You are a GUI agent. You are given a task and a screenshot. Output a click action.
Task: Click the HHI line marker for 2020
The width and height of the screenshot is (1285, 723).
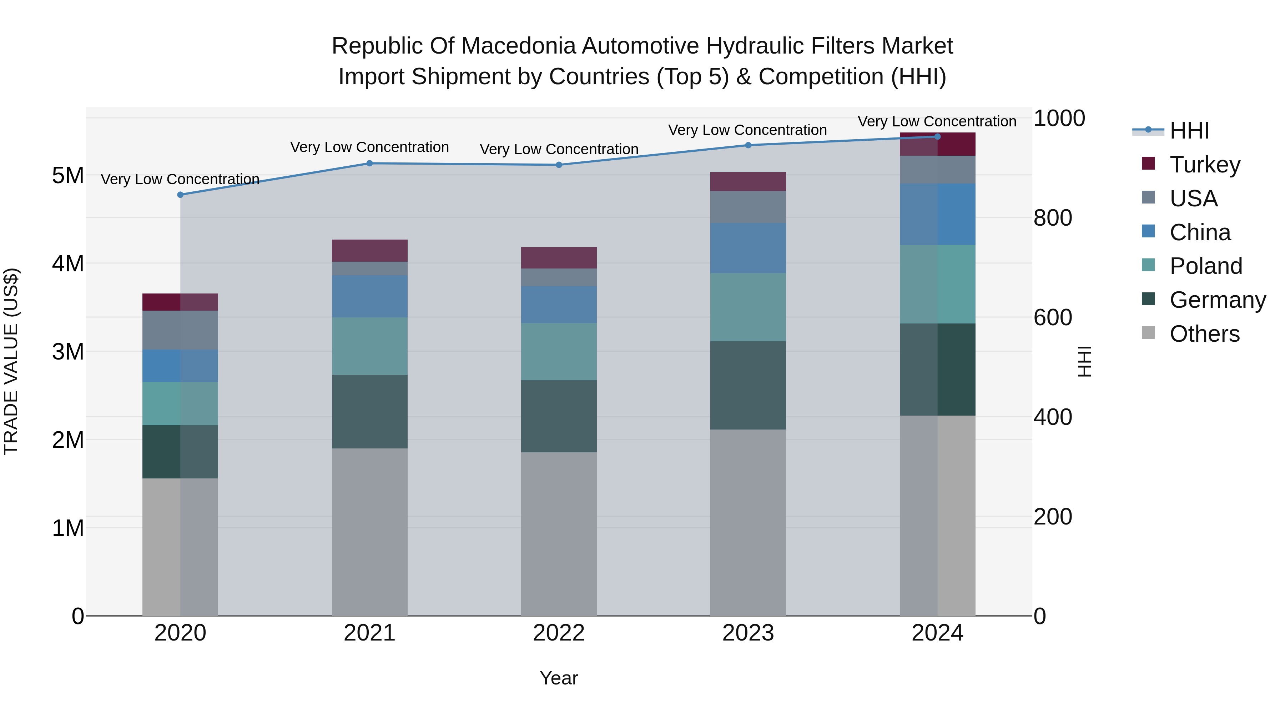coord(181,195)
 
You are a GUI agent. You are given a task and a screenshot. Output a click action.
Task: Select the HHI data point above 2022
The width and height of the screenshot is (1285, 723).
coord(559,165)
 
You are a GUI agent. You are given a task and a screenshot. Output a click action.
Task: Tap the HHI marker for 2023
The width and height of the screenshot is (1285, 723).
coord(748,145)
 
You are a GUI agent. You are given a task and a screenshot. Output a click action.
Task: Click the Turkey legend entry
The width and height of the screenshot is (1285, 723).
coord(1204,165)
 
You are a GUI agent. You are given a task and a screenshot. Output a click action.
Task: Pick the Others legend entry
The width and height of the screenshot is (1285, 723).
coord(1204,334)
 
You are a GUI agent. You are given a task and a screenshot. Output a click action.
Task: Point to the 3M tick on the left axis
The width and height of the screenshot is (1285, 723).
coord(68,352)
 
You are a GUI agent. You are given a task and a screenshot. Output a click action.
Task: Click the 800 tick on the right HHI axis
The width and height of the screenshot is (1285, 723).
coord(1053,218)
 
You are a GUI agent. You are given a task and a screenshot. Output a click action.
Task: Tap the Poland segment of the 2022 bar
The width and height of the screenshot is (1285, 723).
coord(559,351)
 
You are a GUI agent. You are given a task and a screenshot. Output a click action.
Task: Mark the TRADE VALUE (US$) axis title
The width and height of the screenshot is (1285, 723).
coord(11,361)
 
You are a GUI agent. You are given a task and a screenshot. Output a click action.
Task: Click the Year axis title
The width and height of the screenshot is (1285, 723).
coord(559,678)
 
